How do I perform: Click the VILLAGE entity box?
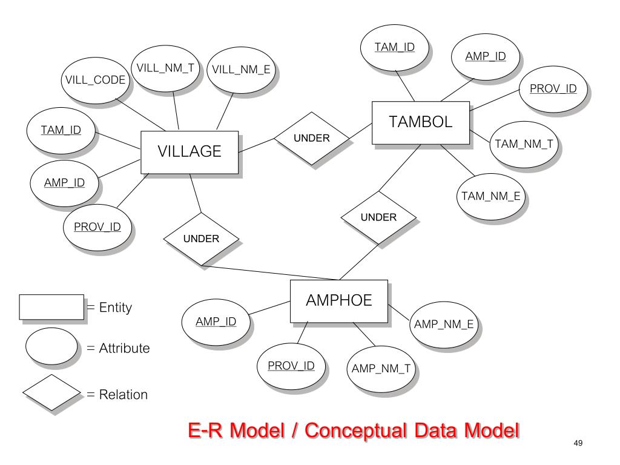tap(190, 151)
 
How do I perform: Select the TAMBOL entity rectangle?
tap(420, 123)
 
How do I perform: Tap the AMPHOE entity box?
tap(338, 300)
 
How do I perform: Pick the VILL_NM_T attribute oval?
tap(165, 68)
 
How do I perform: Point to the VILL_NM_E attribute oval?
tap(241, 71)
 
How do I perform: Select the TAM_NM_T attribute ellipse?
tap(524, 143)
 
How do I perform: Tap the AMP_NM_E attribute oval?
tap(444, 325)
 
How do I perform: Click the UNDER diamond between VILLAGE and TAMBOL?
tap(312, 138)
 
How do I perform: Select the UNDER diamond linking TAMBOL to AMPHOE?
tap(378, 217)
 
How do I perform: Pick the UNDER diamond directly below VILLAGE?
tap(202, 239)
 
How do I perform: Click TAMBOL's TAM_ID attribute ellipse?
tap(394, 47)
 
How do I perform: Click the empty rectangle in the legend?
tap(51, 307)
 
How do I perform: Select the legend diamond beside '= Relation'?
tap(51, 394)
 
